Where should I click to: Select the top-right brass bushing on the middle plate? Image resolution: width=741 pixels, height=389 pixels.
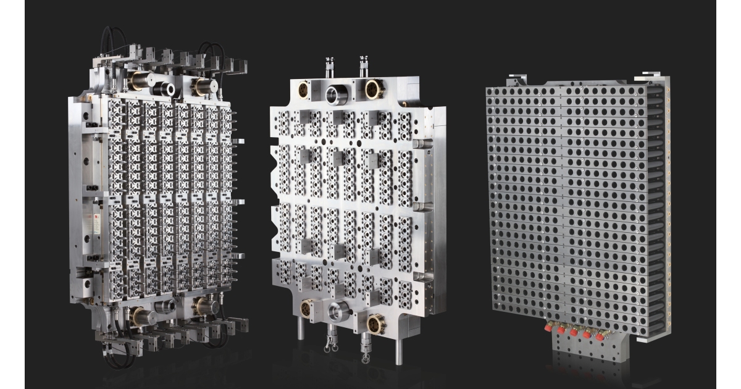(373, 90)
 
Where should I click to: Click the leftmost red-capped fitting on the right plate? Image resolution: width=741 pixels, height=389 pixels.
(548, 328)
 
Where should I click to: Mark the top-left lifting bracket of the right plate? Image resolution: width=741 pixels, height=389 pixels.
(517, 80)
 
